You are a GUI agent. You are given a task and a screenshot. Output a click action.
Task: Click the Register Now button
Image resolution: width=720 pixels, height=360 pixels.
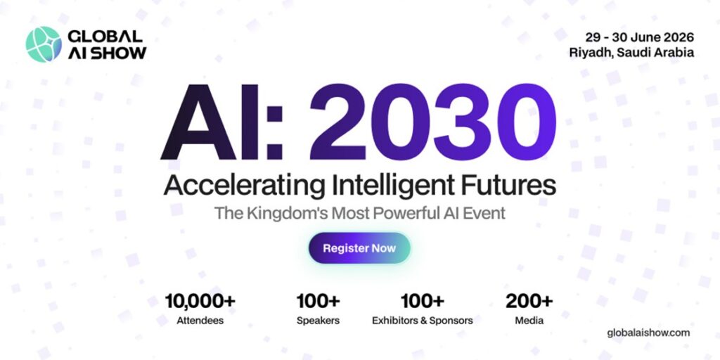[x=359, y=248]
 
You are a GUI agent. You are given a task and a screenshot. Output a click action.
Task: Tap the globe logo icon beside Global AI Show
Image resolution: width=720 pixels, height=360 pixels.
[x=44, y=44]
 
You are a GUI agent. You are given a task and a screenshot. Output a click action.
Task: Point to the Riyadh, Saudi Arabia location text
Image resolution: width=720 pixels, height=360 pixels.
[x=632, y=53]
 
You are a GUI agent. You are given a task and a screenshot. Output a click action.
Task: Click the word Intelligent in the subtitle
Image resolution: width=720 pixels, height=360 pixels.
[x=396, y=186]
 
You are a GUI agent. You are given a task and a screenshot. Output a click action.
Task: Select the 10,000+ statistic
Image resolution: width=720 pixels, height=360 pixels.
[x=200, y=302]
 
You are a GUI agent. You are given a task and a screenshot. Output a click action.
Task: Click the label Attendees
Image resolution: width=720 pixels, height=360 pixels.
[x=200, y=321]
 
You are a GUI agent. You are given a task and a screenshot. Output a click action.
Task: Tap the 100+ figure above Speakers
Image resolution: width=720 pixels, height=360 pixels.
[x=318, y=302]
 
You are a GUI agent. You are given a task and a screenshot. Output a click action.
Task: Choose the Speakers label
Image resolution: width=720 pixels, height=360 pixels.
[x=318, y=321]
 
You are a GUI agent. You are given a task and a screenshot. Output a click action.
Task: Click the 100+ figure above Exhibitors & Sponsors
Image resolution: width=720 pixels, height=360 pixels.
[x=422, y=302]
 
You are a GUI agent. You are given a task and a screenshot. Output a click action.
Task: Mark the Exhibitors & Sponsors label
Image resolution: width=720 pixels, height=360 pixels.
[x=422, y=321]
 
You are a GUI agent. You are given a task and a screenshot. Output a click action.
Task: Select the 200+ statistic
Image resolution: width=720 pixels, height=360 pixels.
[x=529, y=302]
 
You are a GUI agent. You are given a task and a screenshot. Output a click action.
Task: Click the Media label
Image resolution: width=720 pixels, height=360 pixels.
[x=529, y=321]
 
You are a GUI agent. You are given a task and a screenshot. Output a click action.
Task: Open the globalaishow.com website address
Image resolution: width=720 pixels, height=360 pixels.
[x=648, y=333]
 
